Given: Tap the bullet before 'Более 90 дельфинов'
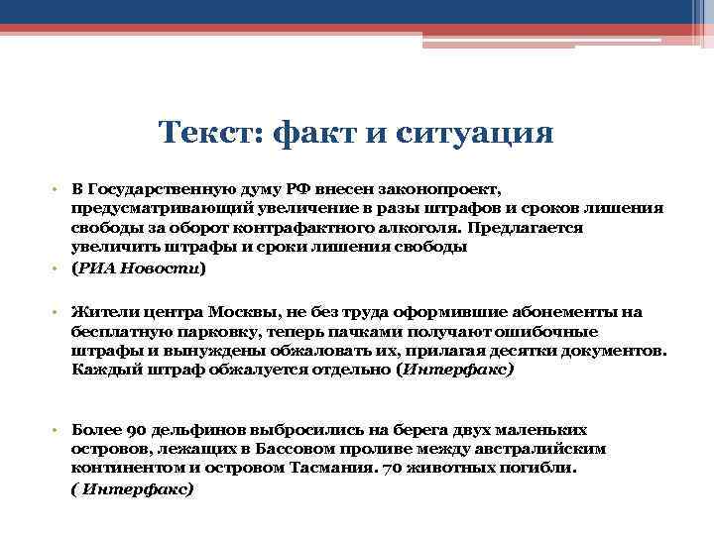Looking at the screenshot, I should (59, 431).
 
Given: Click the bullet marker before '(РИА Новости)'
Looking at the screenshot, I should (59, 268).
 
